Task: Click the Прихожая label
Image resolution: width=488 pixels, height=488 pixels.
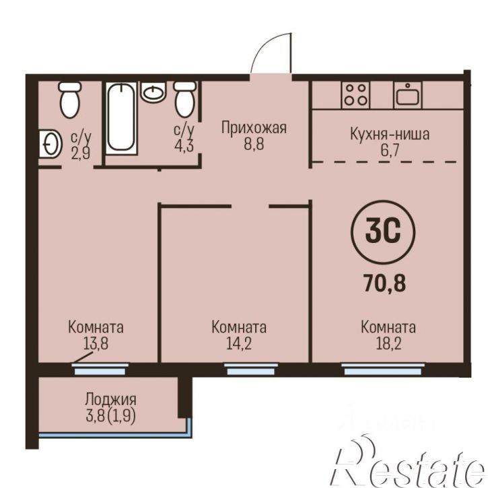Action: (x=254, y=128)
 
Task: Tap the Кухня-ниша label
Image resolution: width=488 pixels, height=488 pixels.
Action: (x=390, y=134)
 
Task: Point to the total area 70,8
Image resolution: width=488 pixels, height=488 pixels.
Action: (x=384, y=283)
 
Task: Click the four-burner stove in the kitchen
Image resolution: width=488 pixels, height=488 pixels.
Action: (x=356, y=95)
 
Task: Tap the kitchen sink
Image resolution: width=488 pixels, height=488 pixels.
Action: (x=408, y=95)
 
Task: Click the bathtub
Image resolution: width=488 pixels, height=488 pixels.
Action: (x=121, y=118)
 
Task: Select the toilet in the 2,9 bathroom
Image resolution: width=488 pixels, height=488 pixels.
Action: (x=70, y=99)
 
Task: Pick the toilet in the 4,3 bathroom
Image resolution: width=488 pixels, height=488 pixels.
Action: (x=185, y=99)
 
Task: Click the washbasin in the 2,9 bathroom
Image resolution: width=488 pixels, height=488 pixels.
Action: (x=50, y=144)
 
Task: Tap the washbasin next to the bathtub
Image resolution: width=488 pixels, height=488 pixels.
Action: (x=153, y=92)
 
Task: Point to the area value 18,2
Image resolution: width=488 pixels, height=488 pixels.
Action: (x=388, y=344)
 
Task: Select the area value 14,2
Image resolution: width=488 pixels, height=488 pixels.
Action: (x=239, y=344)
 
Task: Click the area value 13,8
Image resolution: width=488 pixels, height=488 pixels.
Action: (x=96, y=344)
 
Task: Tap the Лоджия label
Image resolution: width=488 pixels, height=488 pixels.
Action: (x=110, y=399)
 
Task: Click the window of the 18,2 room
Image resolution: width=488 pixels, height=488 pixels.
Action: (x=383, y=369)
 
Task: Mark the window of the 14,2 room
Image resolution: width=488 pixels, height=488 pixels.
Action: (x=251, y=369)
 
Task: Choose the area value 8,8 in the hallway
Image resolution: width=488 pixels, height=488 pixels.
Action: (x=254, y=144)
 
